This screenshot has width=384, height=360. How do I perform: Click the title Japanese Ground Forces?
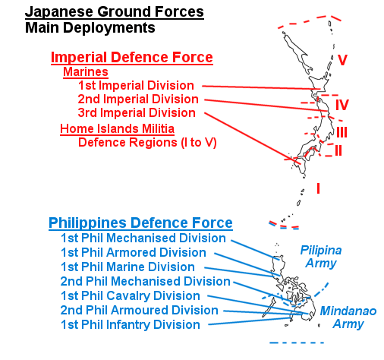115,12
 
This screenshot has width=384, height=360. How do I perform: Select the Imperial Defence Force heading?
132,57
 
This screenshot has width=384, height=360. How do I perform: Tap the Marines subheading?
86,71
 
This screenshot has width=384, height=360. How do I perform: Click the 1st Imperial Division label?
136,85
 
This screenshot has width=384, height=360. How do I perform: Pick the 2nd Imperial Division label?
138,99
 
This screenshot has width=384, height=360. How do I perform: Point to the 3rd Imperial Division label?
137,112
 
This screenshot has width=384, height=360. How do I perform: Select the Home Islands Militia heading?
117,128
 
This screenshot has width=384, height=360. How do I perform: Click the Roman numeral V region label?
342,60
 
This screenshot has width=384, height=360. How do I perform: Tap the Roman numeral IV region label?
342,105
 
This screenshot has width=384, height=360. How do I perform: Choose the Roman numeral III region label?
342,132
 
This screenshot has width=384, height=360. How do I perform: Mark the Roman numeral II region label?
338,150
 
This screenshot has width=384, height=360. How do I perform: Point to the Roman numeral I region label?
318,188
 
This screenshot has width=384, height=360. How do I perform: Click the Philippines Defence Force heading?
140,223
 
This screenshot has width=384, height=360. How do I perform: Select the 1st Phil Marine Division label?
127,267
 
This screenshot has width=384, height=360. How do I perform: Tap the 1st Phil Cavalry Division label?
131,295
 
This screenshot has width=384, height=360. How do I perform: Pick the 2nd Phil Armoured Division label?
139,310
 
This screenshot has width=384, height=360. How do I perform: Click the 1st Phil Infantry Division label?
131,324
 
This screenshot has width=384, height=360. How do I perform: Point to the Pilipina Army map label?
321,257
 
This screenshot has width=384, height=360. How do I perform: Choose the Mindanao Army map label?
348,317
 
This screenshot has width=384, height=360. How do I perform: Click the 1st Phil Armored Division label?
134,252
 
